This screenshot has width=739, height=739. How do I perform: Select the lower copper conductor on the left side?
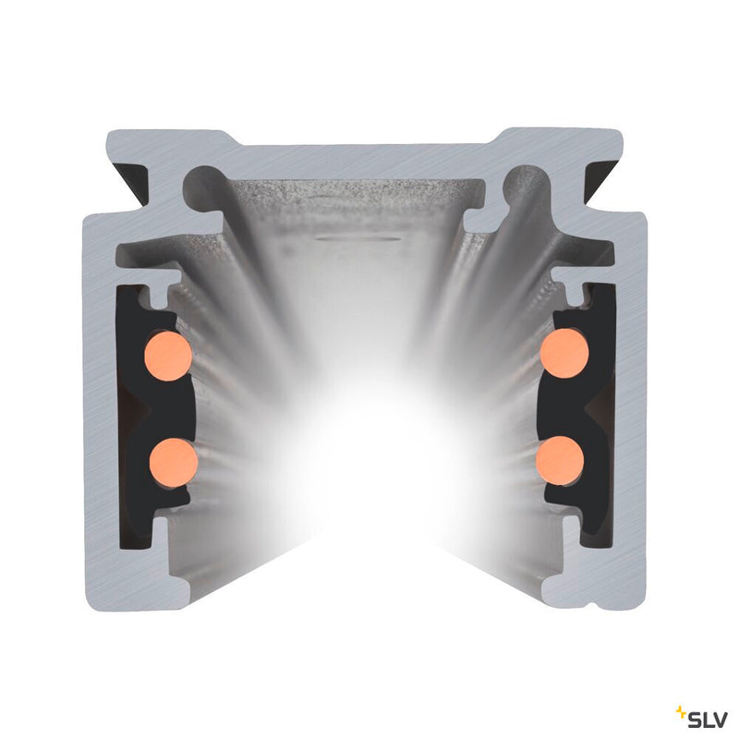coord(173,460)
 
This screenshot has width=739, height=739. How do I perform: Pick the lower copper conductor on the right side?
coord(561,457)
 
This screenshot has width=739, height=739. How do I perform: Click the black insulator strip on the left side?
coord(139,406)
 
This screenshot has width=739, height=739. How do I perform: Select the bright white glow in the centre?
coord(369,462)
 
